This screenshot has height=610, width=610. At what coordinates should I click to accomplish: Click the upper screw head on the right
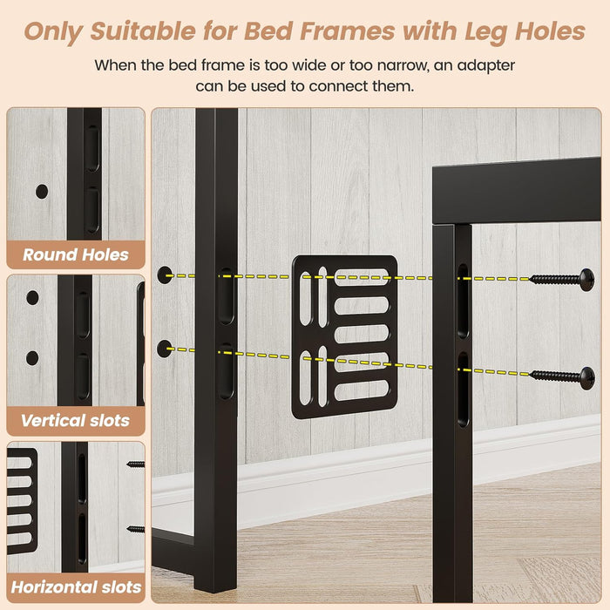click(586, 280)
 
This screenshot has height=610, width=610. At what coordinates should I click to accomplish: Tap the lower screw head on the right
click(587, 378)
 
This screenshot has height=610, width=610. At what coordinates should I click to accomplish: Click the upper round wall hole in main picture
click(165, 275)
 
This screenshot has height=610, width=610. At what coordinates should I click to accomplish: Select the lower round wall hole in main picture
click(165, 349)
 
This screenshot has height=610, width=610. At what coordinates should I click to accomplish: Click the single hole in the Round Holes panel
click(42, 192)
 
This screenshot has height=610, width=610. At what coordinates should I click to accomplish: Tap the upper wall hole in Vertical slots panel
click(32, 298)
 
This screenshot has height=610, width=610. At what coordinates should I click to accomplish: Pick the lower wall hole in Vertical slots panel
click(32, 358)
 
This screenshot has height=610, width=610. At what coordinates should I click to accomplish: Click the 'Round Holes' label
click(76, 254)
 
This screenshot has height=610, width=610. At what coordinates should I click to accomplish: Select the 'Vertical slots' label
click(75, 421)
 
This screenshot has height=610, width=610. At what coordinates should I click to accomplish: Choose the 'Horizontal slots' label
click(76, 587)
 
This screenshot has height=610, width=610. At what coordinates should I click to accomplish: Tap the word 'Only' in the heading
click(53, 32)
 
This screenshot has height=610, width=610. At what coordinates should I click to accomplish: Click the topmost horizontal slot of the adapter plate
click(362, 277)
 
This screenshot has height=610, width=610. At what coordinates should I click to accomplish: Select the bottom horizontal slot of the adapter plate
click(362, 390)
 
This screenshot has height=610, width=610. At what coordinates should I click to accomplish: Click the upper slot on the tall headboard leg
click(227, 295)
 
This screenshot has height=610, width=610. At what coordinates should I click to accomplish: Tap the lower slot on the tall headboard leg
click(227, 371)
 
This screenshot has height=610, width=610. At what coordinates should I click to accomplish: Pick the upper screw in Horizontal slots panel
click(136, 464)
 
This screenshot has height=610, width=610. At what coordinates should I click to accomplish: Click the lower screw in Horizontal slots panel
click(136, 529)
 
